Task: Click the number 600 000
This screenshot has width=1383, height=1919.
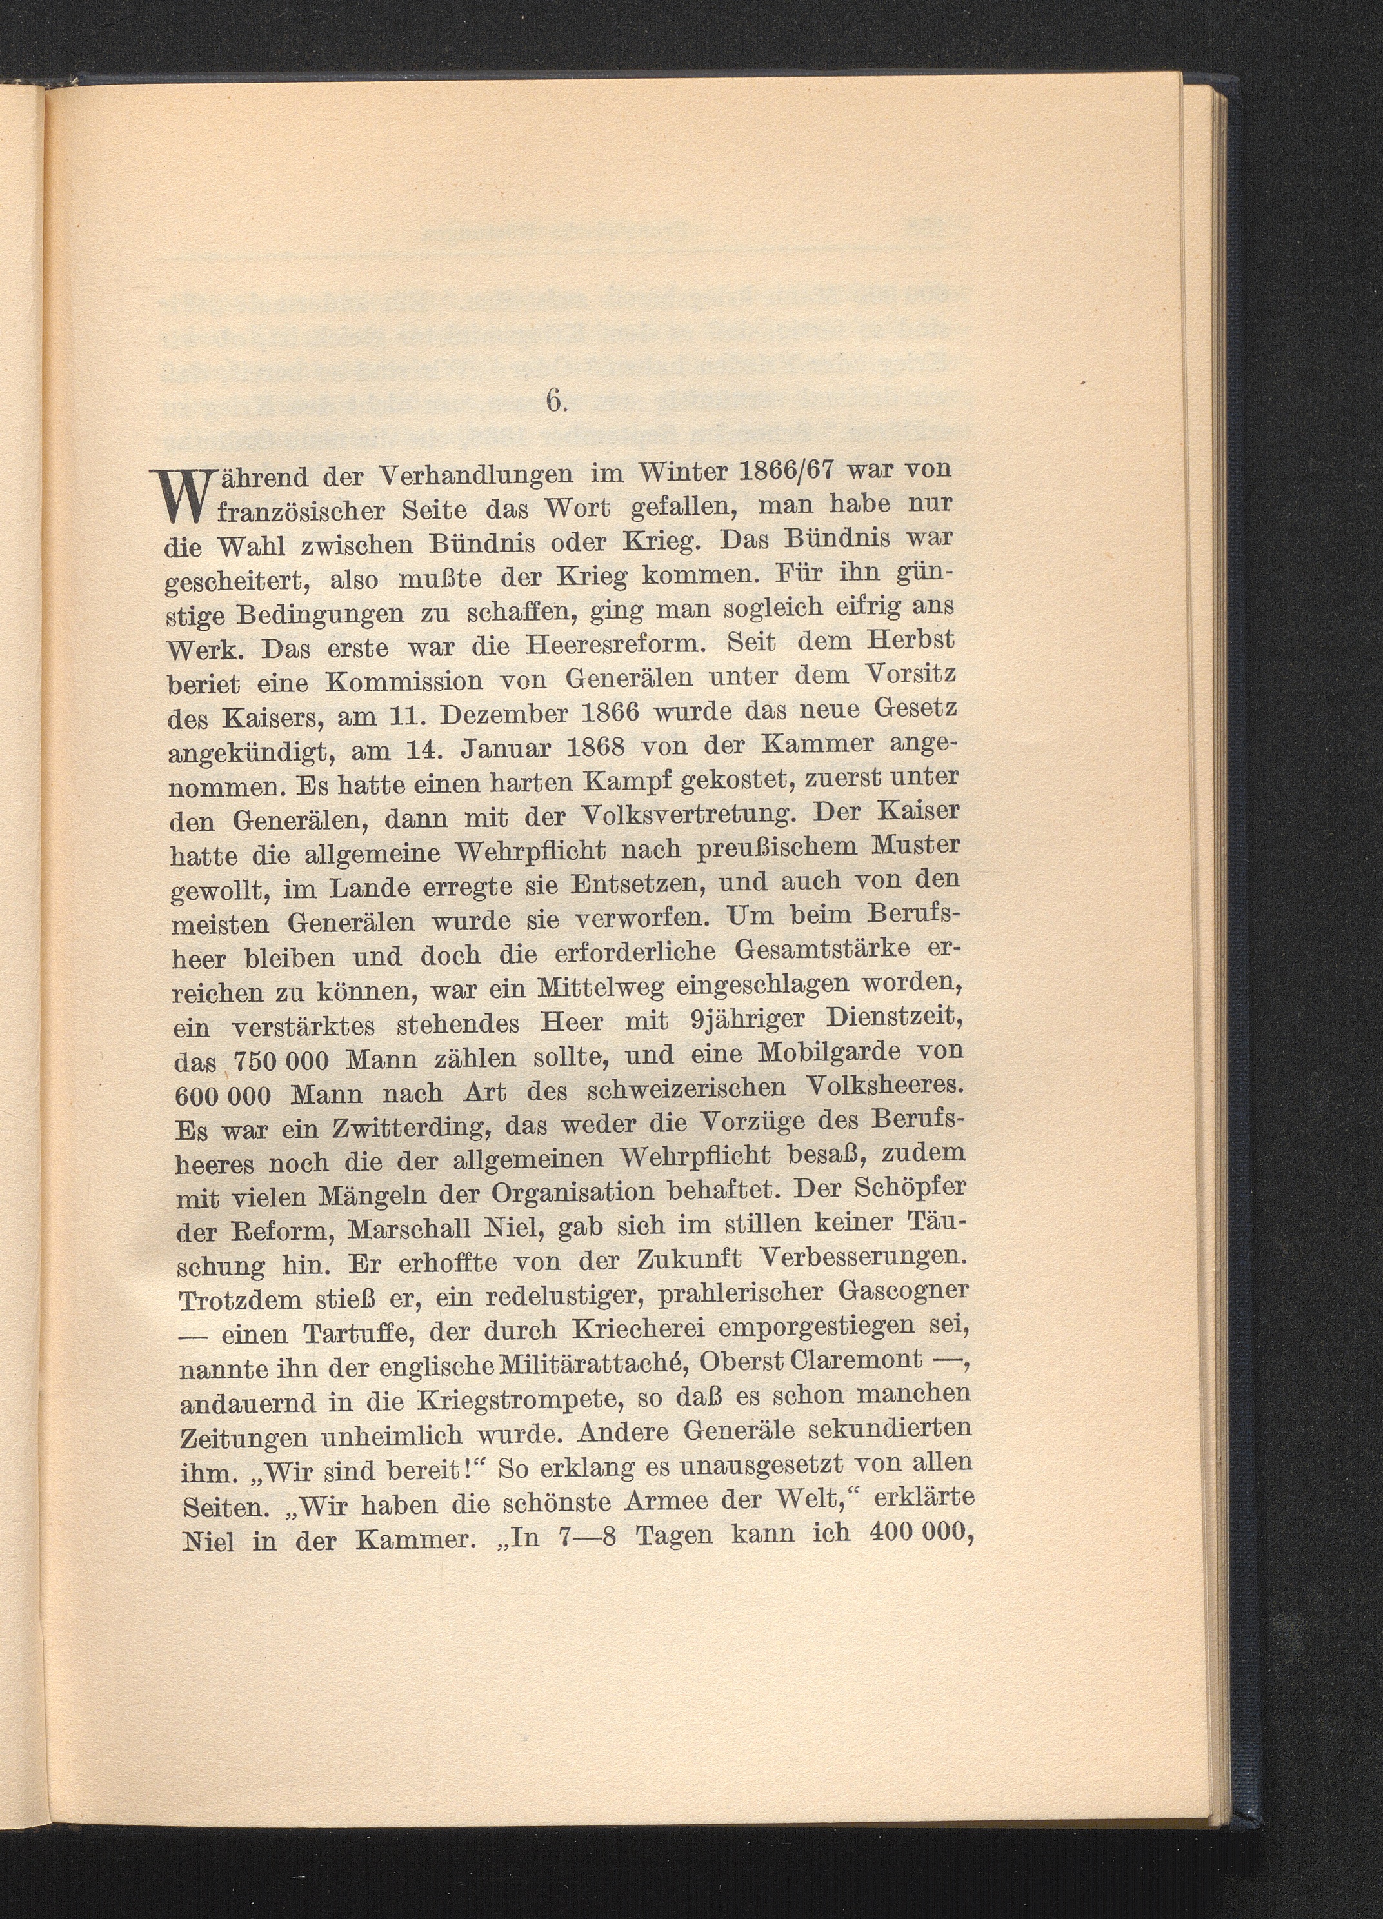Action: (222, 1094)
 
